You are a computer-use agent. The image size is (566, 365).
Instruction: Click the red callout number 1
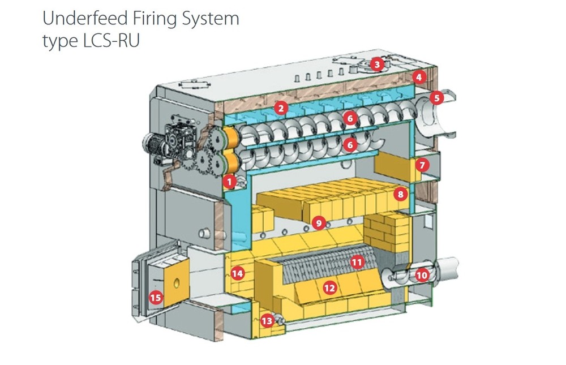(x=229, y=182)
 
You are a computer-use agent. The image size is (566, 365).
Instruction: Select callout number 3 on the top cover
(x=378, y=65)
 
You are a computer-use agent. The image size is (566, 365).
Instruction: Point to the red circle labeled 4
(x=418, y=77)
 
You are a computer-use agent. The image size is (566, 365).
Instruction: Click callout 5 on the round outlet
(x=436, y=98)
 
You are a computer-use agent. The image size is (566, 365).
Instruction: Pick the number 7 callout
(x=422, y=165)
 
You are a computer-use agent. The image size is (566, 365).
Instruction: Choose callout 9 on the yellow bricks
(x=319, y=224)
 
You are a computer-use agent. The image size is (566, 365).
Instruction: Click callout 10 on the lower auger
(x=422, y=276)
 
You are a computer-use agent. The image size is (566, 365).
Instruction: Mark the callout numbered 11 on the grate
(x=357, y=262)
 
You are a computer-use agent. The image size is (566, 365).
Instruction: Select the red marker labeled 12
(x=329, y=288)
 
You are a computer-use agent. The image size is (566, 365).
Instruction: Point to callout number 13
(x=267, y=321)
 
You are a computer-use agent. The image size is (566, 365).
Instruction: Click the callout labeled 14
(x=238, y=274)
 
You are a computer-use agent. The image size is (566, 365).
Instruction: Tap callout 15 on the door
(x=155, y=297)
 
